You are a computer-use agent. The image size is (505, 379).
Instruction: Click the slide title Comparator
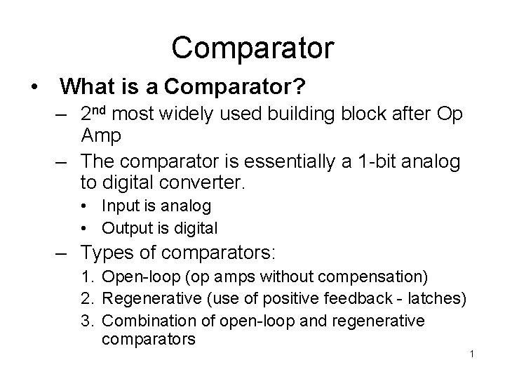click(252, 48)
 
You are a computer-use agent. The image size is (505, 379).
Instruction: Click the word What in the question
click(83, 87)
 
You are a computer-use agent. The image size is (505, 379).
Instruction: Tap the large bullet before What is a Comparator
click(33, 88)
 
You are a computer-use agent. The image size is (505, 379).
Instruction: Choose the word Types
click(106, 251)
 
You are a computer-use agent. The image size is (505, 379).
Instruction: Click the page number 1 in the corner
click(473, 353)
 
